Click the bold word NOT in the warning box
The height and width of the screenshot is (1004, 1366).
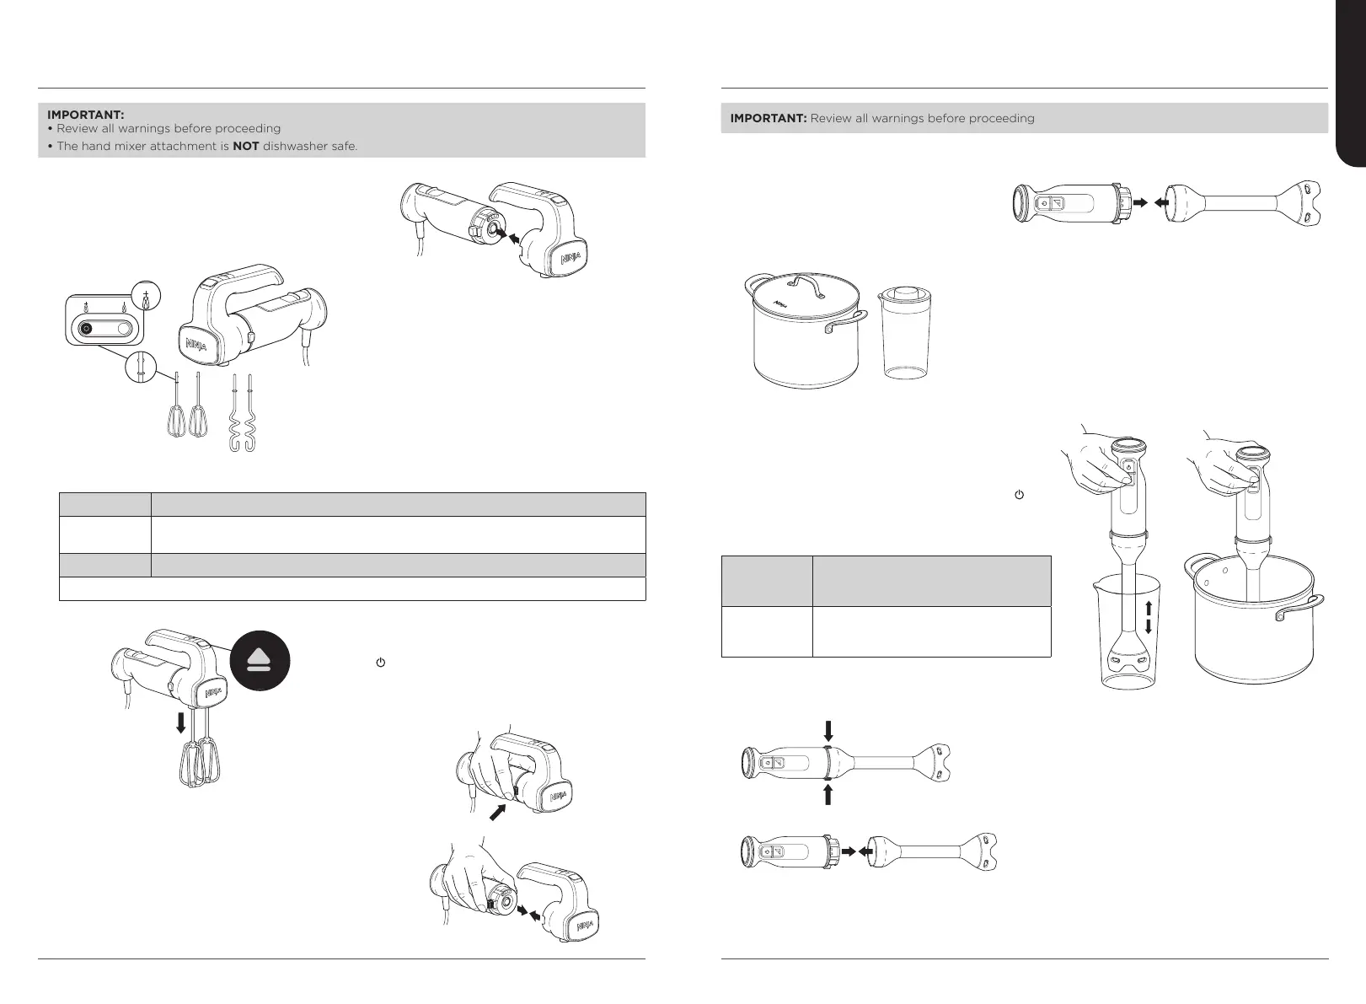246,147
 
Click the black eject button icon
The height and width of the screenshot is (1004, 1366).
260,661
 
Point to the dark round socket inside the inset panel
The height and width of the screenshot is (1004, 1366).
86,330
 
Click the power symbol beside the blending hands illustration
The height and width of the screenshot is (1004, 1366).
1019,497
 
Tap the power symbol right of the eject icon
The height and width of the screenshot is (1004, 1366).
380,663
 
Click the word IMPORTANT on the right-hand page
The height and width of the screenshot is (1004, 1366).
768,118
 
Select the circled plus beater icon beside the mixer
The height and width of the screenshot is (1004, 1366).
147,299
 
